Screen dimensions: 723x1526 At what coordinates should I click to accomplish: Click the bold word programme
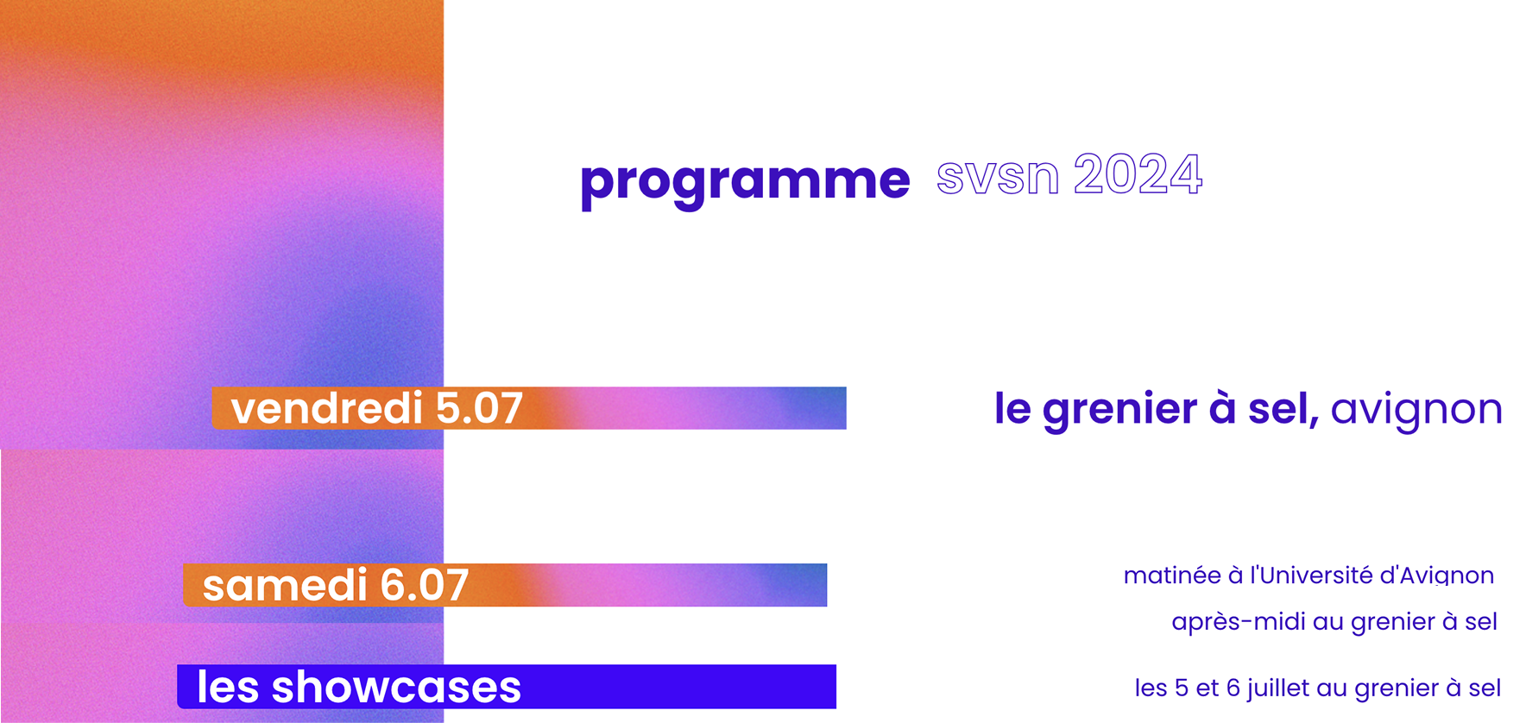click(745, 181)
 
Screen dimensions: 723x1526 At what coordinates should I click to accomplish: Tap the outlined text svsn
click(997, 176)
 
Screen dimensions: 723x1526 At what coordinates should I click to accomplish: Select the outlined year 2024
click(1138, 175)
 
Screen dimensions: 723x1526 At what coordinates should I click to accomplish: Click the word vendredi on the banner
click(326, 408)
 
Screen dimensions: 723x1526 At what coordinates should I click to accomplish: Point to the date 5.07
click(479, 408)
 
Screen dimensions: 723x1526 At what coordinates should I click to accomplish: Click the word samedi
click(285, 586)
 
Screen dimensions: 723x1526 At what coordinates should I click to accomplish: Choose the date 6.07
click(424, 586)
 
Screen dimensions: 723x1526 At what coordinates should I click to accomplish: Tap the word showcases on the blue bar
click(396, 688)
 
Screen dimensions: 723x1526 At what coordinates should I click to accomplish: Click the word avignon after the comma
click(1416, 409)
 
